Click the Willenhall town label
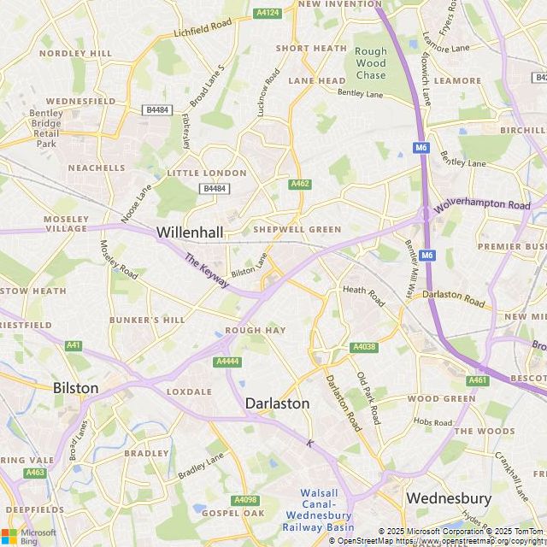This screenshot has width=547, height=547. point(189,232)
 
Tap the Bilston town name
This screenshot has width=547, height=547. point(76,388)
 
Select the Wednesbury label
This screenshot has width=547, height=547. point(449,497)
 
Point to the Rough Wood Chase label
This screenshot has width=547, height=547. point(371,63)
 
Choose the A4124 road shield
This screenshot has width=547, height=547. point(268,13)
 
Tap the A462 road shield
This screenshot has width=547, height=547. point(300,184)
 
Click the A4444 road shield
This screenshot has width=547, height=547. point(227,362)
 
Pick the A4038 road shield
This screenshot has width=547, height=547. point(363,347)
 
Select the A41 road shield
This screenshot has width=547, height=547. point(74,345)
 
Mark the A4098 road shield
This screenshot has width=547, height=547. point(244,500)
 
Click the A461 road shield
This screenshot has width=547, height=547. point(477,380)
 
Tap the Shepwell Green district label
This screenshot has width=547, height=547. point(297,230)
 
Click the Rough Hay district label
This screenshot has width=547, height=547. point(255,331)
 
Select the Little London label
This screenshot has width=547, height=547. point(207,173)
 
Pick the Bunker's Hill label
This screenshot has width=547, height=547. point(147,320)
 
